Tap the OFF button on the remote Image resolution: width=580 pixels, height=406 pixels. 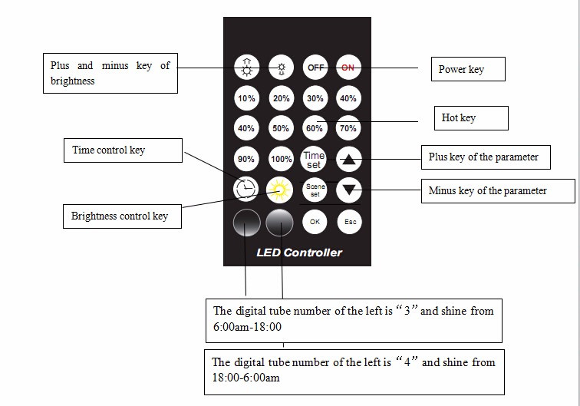tap(315, 68)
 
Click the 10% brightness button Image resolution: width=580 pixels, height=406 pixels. tap(246, 98)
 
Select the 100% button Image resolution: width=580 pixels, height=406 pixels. tap(281, 159)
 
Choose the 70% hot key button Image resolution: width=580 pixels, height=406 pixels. tap(348, 128)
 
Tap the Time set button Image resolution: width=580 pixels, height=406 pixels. tap(314, 160)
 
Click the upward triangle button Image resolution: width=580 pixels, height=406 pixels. tap(349, 160)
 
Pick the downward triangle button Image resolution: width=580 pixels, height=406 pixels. tap(349, 190)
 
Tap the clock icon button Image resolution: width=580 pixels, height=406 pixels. tap(246, 189)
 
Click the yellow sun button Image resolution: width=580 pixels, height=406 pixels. tap(279, 190)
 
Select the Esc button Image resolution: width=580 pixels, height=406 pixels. tap(350, 222)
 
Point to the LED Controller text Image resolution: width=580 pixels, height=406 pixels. tap(299, 253)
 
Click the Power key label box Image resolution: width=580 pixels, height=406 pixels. tap(468, 69)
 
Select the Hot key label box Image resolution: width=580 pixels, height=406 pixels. tap(471, 118)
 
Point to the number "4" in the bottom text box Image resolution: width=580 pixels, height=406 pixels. tap(407, 362)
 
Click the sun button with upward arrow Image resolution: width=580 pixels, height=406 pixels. tap(247, 68)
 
